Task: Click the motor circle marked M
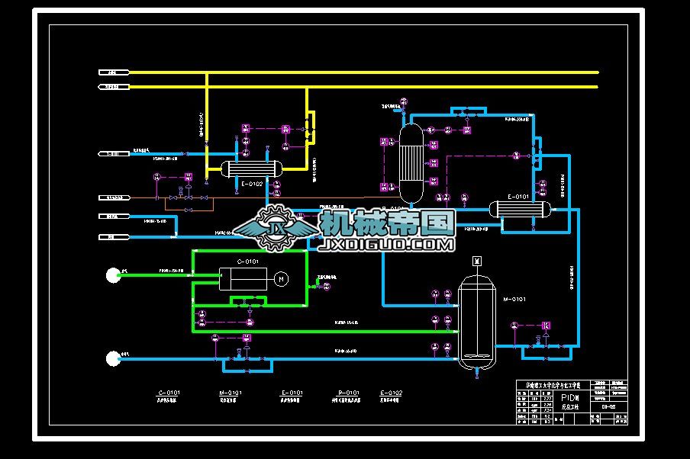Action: (x=280, y=279)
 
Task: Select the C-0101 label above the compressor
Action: (x=248, y=262)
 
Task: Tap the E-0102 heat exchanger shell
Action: (x=251, y=169)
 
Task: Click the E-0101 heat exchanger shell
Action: (x=520, y=208)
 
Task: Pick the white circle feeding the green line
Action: (x=113, y=274)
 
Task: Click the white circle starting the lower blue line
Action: (x=113, y=357)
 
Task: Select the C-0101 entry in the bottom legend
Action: (x=168, y=393)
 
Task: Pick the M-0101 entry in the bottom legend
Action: (x=230, y=393)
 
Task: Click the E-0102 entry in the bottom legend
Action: (x=391, y=393)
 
